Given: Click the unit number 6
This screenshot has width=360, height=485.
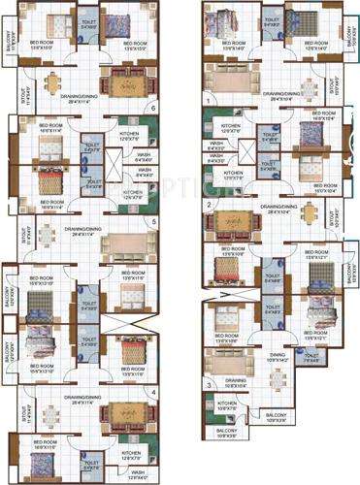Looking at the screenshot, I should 153,109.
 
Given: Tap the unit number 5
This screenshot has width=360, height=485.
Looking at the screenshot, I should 153,221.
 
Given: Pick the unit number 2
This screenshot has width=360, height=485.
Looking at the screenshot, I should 209,205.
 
